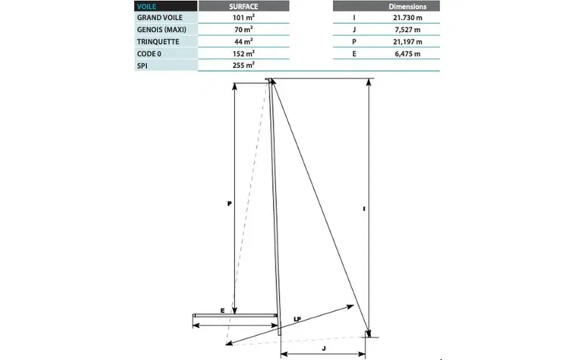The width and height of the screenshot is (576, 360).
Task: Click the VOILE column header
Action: [x=146, y=7]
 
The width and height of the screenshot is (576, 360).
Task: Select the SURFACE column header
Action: [x=244, y=7]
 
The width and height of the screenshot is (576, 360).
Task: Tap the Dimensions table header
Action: [x=407, y=7]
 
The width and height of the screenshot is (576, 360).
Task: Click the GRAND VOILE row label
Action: [x=160, y=17]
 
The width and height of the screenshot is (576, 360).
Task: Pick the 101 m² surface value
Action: [x=244, y=17]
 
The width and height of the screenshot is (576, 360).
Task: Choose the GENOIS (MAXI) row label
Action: [x=162, y=29]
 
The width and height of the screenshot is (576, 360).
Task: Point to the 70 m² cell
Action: [x=244, y=29]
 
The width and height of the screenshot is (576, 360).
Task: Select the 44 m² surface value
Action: [x=244, y=41]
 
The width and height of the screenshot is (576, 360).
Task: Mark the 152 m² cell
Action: [x=244, y=54]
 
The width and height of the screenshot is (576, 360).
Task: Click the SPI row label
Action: [x=143, y=66]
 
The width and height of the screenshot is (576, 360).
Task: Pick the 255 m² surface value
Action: [x=244, y=66]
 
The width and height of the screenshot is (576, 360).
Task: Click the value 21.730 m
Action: [x=407, y=17]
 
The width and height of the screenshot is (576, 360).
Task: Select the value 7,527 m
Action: [x=407, y=29]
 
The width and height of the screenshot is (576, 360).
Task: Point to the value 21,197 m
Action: [x=407, y=41]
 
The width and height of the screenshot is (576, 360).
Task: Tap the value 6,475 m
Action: [x=407, y=54]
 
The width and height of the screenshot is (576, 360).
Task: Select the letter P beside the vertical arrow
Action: [x=229, y=203]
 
